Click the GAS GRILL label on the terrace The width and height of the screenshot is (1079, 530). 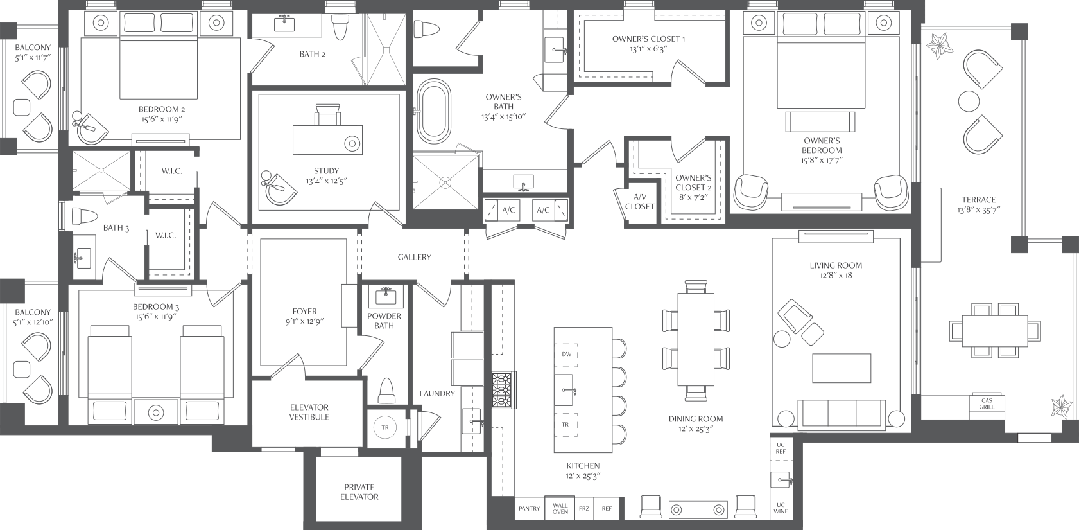(x=987, y=403)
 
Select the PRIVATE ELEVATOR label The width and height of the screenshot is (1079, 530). (x=359, y=492)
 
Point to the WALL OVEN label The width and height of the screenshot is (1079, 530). (x=560, y=508)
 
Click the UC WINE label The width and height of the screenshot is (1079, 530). (x=781, y=508)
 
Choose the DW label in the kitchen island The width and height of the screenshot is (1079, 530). (x=567, y=354)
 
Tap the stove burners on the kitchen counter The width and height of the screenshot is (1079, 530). (x=503, y=390)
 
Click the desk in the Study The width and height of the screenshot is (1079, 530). (x=327, y=140)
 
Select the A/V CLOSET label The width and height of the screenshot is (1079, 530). (x=640, y=202)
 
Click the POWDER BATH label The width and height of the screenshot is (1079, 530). (x=384, y=321)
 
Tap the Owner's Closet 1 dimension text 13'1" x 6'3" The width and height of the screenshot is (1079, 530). (x=648, y=49)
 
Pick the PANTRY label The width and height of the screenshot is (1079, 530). (x=529, y=508)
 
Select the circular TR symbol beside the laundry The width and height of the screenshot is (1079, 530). (x=385, y=427)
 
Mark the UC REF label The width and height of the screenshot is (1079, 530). (x=781, y=448)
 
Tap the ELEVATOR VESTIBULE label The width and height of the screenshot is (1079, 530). (x=309, y=412)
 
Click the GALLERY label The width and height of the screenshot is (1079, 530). (x=414, y=257)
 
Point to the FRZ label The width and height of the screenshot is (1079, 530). (x=584, y=508)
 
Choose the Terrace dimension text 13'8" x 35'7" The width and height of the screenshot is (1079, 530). (x=979, y=210)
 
